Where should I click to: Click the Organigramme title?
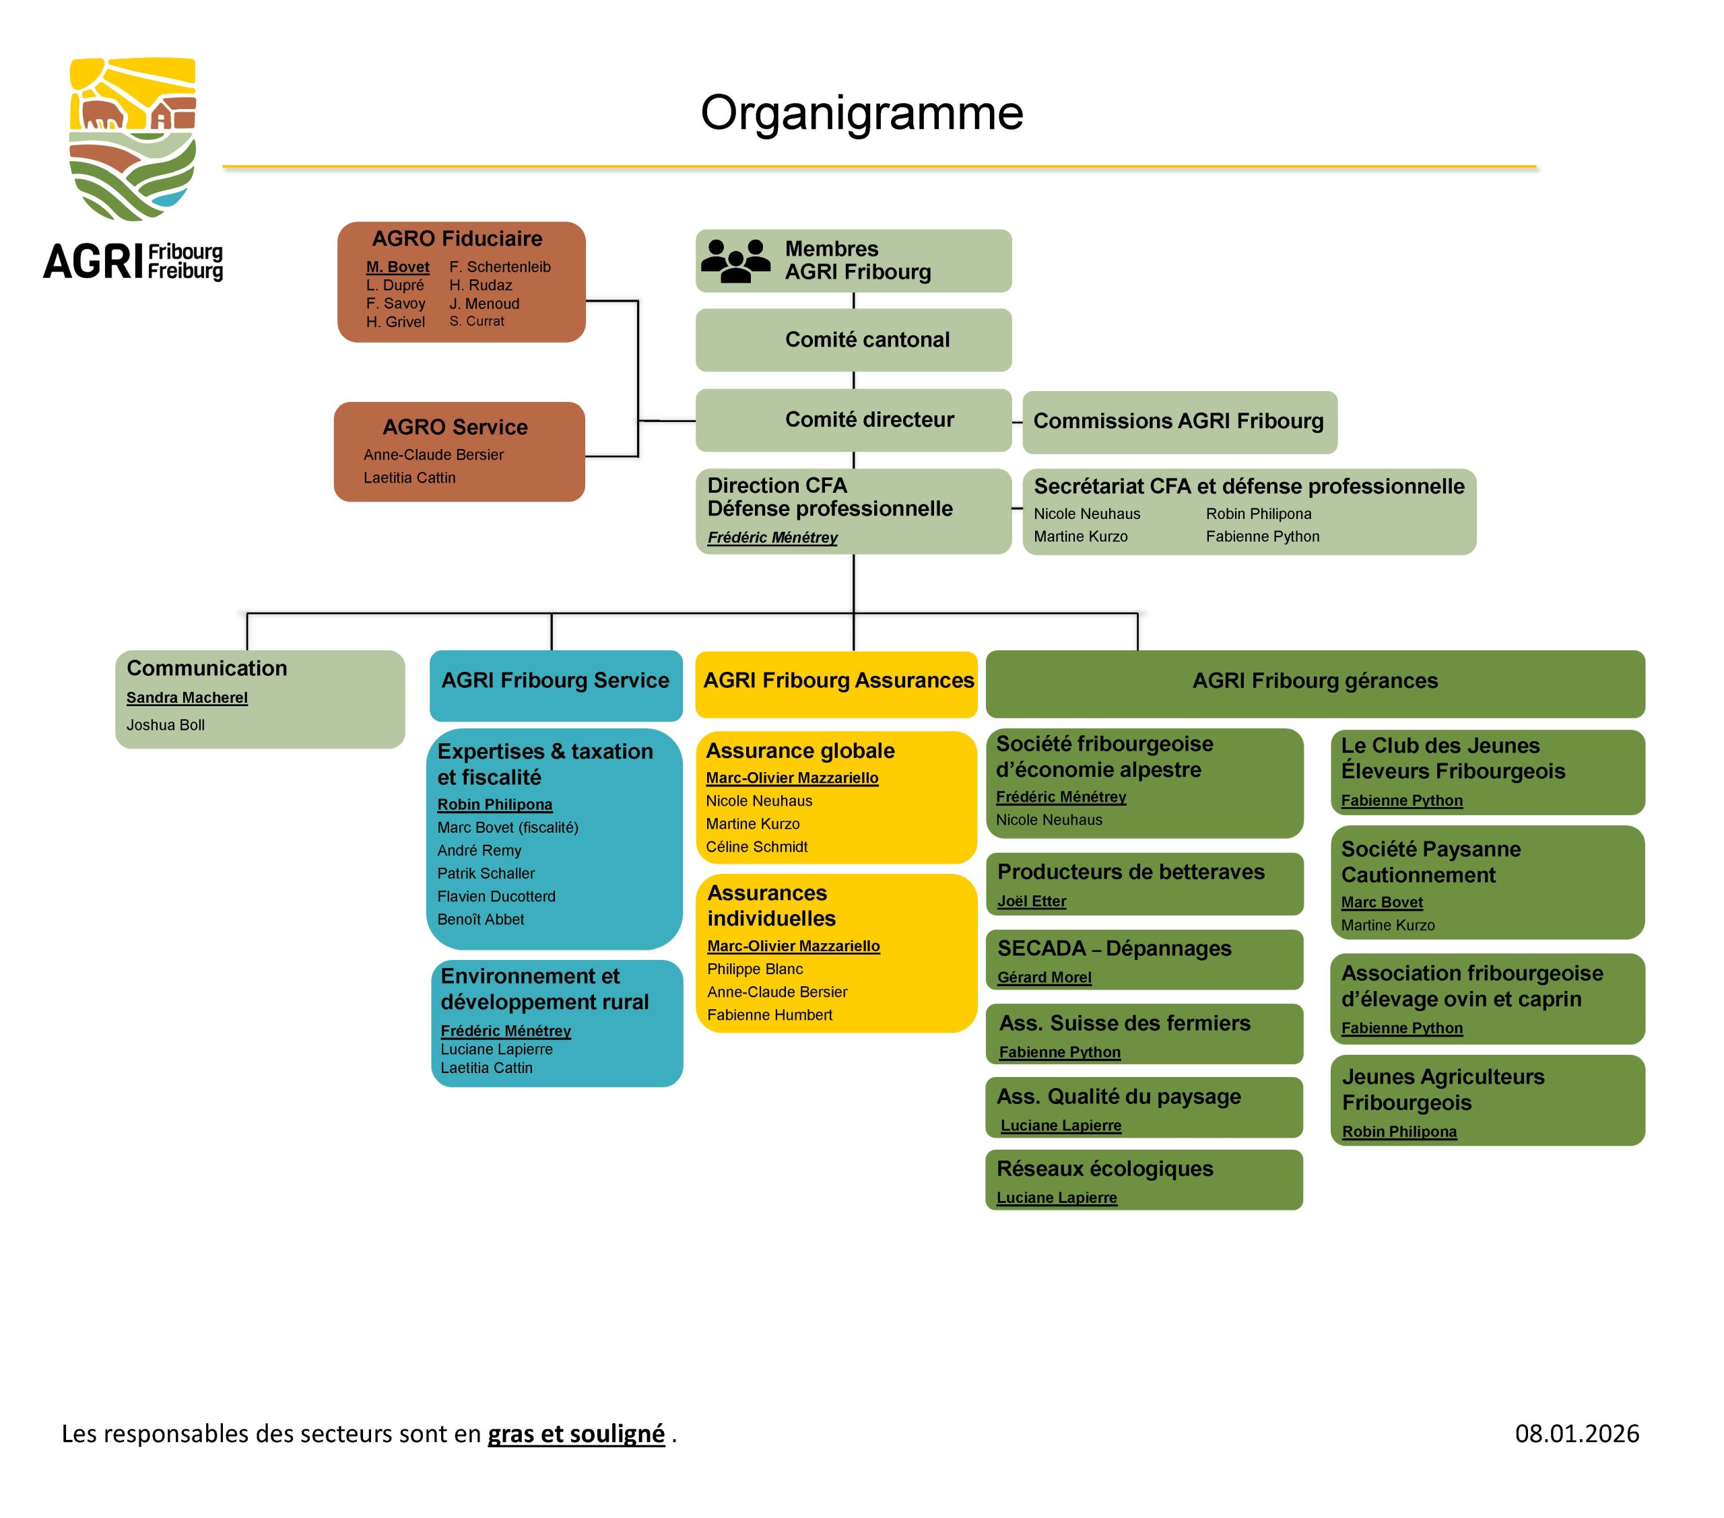click(861, 113)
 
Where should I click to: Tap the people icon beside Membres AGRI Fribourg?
click(735, 260)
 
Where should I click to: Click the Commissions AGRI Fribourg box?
click(1179, 421)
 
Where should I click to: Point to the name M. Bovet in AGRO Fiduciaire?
click(397, 267)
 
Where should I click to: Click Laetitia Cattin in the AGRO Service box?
click(409, 478)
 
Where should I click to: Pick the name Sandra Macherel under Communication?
click(187, 698)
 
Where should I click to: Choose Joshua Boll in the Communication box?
click(165, 725)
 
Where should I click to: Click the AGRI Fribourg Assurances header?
click(838, 681)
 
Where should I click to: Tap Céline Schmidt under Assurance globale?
click(756, 848)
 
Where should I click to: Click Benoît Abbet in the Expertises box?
click(480, 920)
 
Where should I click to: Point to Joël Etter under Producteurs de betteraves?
click(1032, 901)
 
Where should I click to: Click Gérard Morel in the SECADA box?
click(1045, 977)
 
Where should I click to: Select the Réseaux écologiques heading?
click(1105, 1169)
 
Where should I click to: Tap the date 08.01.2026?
click(1577, 1434)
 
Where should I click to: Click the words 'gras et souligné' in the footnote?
click(576, 1434)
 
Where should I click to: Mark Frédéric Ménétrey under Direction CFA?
click(772, 538)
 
